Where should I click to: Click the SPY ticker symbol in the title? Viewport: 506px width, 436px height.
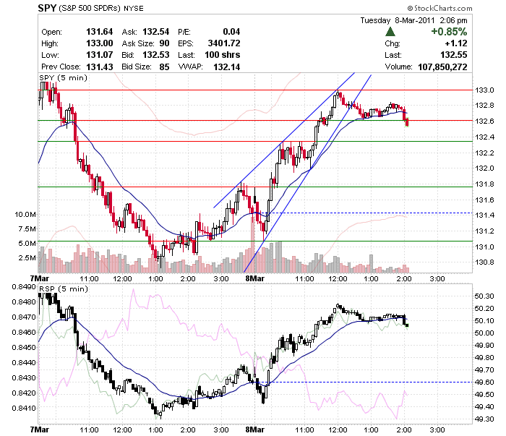47,8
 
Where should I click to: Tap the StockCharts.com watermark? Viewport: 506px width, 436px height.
440,8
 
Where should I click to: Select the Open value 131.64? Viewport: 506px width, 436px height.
100,32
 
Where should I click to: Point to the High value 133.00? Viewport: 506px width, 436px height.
100,43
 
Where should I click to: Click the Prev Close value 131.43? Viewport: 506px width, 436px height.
100,67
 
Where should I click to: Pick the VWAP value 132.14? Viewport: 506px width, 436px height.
226,67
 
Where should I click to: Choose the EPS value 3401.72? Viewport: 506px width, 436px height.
224,43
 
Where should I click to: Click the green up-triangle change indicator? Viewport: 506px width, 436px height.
390,32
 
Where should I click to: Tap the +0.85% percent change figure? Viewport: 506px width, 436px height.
449,32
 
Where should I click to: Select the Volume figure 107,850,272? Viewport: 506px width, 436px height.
442,67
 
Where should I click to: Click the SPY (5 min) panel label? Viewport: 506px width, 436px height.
64,78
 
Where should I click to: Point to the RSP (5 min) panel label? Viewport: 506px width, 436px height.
64,288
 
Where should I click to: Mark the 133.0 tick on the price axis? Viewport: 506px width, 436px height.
484,90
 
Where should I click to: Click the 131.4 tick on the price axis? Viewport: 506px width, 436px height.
484,215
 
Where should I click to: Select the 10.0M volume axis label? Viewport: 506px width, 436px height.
25,215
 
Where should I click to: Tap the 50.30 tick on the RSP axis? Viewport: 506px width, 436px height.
484,296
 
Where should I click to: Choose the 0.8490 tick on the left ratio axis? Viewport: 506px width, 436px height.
24,287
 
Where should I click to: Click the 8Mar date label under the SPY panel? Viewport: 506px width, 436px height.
255,278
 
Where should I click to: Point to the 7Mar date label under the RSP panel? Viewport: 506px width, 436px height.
39,429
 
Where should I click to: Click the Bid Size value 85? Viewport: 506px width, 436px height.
164,67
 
